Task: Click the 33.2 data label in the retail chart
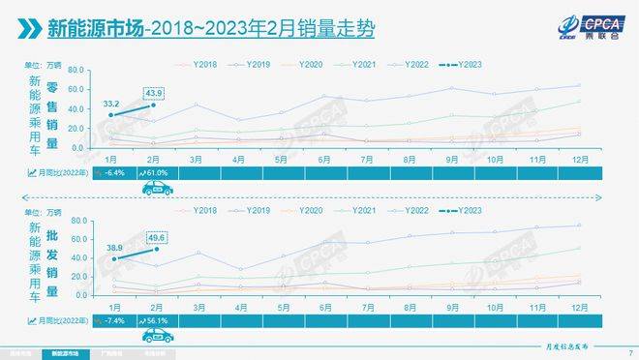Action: pyautogui.click(x=111, y=102)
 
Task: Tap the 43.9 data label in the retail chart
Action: pyautogui.click(x=155, y=92)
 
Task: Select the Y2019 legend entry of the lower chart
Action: pyautogui.click(x=250, y=210)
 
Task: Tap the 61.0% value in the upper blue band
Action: pyautogui.click(x=159, y=172)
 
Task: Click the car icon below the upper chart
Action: pyautogui.click(x=156, y=189)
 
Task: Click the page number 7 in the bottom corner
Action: pyautogui.click(x=630, y=353)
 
